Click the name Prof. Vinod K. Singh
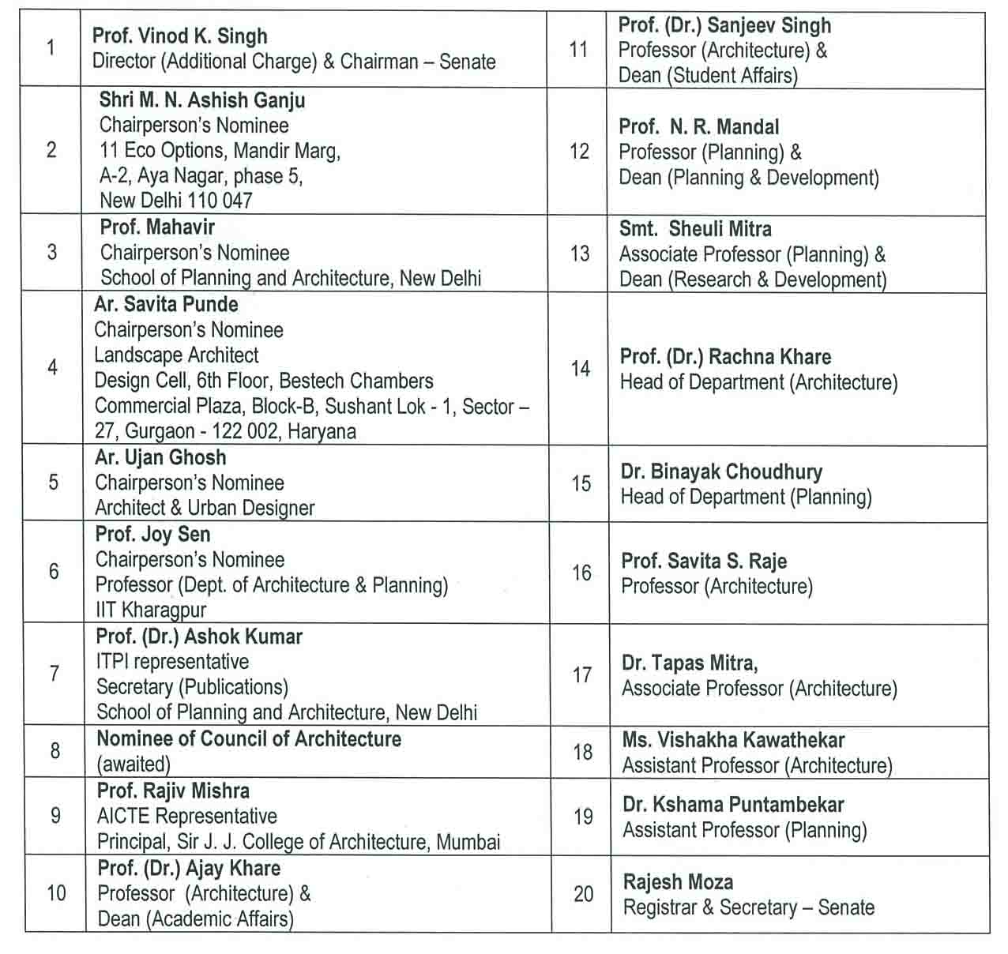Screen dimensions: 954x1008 tap(179, 36)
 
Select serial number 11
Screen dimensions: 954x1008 tap(578, 50)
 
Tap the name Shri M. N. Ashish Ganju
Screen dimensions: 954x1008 tap(201, 100)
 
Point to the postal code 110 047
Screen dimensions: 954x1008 tap(220, 201)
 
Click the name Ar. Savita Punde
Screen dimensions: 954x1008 tap(166, 304)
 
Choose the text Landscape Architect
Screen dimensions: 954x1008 tap(176, 355)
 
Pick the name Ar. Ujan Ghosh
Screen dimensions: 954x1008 tap(160, 457)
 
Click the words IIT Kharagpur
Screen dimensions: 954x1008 tap(151, 610)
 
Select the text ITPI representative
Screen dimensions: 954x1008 tap(172, 662)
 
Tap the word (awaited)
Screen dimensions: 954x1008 tap(134, 764)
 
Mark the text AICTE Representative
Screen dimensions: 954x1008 tap(186, 816)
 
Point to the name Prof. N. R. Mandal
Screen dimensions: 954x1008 tap(698, 127)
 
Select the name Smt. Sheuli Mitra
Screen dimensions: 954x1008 tap(695, 229)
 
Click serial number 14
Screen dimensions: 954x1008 tap(581, 369)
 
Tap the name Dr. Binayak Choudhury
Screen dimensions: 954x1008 tap(721, 471)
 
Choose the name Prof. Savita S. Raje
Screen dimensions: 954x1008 tap(704, 562)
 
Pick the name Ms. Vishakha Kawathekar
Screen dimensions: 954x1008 tap(733, 740)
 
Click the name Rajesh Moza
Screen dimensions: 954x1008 tap(678, 882)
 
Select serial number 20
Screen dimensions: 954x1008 tap(584, 894)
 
